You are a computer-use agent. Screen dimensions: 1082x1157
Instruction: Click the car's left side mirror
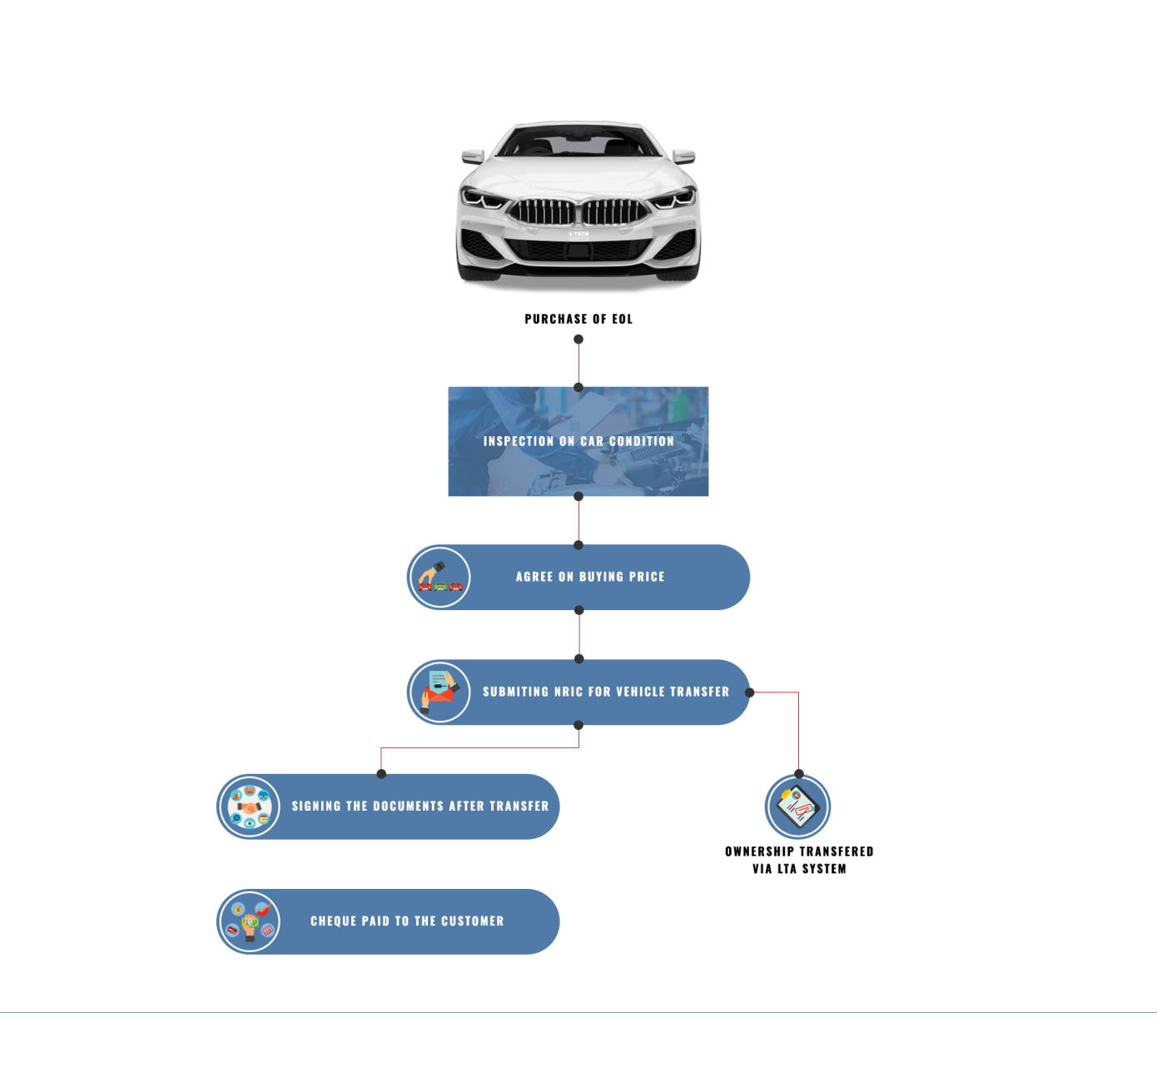pos(473,156)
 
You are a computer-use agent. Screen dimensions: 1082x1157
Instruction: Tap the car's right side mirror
pos(684,156)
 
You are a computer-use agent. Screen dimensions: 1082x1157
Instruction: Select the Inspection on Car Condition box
pos(578,441)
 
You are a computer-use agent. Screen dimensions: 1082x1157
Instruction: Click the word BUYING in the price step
pos(601,577)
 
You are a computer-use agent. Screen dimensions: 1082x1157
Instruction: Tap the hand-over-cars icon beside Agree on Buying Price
pos(439,577)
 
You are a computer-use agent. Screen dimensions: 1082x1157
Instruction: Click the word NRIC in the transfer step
pos(569,692)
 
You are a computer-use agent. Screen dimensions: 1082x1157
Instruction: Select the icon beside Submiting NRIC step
pos(439,692)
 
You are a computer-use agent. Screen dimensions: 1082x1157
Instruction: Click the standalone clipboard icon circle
pos(797,807)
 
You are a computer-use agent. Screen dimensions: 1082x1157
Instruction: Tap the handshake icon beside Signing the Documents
pos(249,807)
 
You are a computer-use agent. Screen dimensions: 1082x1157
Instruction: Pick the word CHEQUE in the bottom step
pos(334,921)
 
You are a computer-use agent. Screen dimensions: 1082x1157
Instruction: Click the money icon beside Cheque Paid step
pos(249,921)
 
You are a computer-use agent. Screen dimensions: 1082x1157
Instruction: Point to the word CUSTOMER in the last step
pos(472,921)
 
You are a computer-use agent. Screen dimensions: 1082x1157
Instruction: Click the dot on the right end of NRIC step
pos(749,692)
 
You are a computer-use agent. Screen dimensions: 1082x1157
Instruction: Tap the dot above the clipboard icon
pos(798,773)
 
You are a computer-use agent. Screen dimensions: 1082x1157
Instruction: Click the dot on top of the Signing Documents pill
pos(381,774)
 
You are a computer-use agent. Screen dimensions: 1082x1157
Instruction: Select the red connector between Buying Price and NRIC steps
pos(578,635)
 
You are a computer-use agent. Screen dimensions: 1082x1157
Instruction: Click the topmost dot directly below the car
pos(578,340)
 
